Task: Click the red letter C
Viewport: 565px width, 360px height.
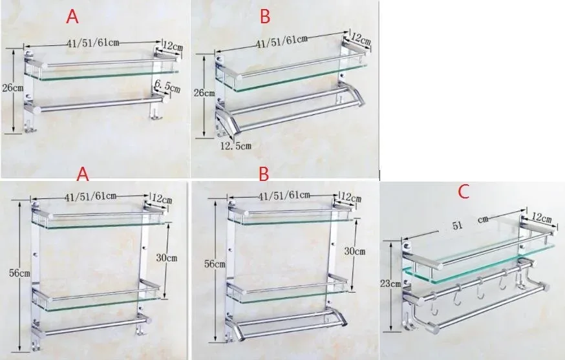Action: pos(464,192)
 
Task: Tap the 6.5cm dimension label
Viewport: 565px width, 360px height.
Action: pos(167,87)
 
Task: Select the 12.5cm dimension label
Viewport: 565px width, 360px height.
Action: pos(236,145)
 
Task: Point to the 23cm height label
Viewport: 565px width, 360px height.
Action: pos(390,284)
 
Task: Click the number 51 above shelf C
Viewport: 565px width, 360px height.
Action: pos(457,226)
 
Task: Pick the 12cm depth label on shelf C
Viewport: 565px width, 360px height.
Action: pos(542,218)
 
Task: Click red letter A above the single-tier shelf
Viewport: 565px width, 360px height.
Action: pos(72,17)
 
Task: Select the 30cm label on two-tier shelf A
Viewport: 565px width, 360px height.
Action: pos(167,258)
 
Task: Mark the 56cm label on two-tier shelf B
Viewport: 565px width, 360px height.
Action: pos(215,264)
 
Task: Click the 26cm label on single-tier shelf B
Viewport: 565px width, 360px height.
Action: pos(204,93)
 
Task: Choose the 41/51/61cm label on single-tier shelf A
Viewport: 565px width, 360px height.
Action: pos(93,43)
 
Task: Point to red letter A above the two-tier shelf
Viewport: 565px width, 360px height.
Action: pos(83,174)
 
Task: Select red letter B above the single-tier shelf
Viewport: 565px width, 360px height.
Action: pos(265,17)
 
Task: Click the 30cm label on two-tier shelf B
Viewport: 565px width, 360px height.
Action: pos(354,251)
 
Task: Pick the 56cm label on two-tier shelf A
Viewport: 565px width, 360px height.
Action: pos(19,273)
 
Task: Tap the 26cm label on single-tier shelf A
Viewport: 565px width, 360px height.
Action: pos(13,88)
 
